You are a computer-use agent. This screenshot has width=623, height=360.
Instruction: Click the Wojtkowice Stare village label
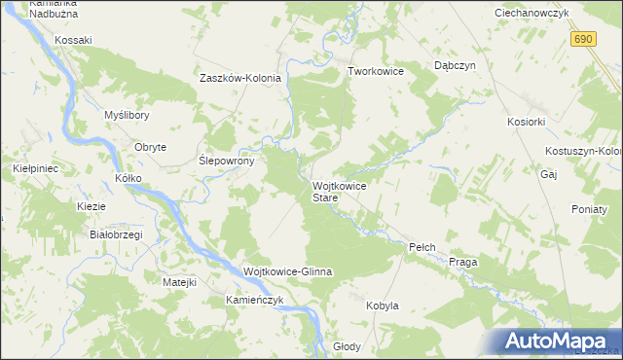(339, 191)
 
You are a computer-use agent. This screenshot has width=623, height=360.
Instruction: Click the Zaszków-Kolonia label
(240, 79)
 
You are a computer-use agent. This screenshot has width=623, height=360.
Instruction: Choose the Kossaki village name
(73, 40)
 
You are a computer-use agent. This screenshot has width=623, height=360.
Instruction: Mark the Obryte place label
(150, 147)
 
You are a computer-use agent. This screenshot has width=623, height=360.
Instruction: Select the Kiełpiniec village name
(36, 168)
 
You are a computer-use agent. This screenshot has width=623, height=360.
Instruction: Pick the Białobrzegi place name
(116, 234)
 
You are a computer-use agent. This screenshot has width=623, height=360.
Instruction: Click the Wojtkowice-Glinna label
(287, 271)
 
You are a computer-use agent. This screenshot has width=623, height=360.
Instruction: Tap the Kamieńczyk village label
(254, 300)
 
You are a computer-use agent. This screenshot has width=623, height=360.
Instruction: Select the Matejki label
(179, 282)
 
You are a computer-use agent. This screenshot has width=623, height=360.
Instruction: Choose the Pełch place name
(421, 248)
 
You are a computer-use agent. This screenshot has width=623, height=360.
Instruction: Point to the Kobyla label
(383, 306)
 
